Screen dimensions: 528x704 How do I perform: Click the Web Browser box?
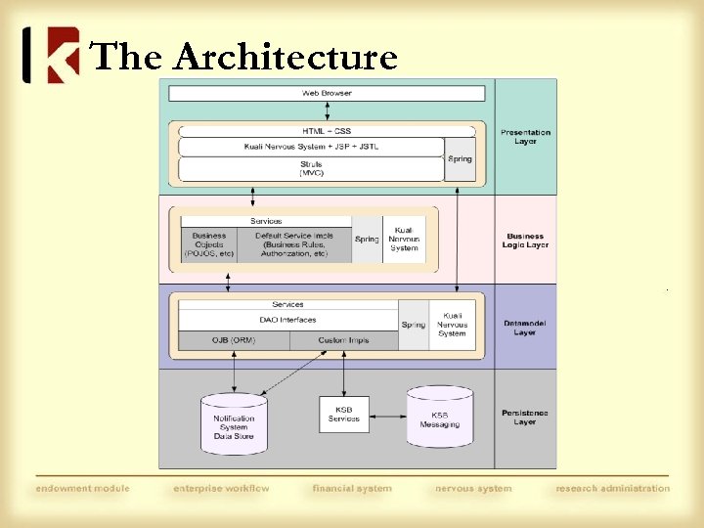[327, 94]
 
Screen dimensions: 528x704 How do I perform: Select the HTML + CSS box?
[327, 131]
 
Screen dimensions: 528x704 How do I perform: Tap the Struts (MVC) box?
[311, 169]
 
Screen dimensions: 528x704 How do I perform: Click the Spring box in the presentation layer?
[460, 159]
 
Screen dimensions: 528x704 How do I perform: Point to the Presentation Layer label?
[525, 137]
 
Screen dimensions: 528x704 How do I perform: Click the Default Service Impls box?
[294, 244]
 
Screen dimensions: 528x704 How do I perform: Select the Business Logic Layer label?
[525, 241]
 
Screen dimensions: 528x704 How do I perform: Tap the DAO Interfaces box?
[287, 320]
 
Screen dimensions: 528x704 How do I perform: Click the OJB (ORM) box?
[233, 340]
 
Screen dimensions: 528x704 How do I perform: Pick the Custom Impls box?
[342, 340]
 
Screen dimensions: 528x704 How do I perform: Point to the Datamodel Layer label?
[525, 328]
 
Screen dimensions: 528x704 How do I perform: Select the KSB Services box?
[343, 414]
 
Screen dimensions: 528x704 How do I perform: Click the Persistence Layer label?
[525, 418]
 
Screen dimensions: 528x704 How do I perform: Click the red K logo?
[51, 55]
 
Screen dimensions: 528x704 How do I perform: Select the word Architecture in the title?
[286, 58]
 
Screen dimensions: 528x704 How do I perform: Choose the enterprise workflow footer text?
[221, 488]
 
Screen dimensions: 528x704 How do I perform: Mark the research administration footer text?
[613, 488]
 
